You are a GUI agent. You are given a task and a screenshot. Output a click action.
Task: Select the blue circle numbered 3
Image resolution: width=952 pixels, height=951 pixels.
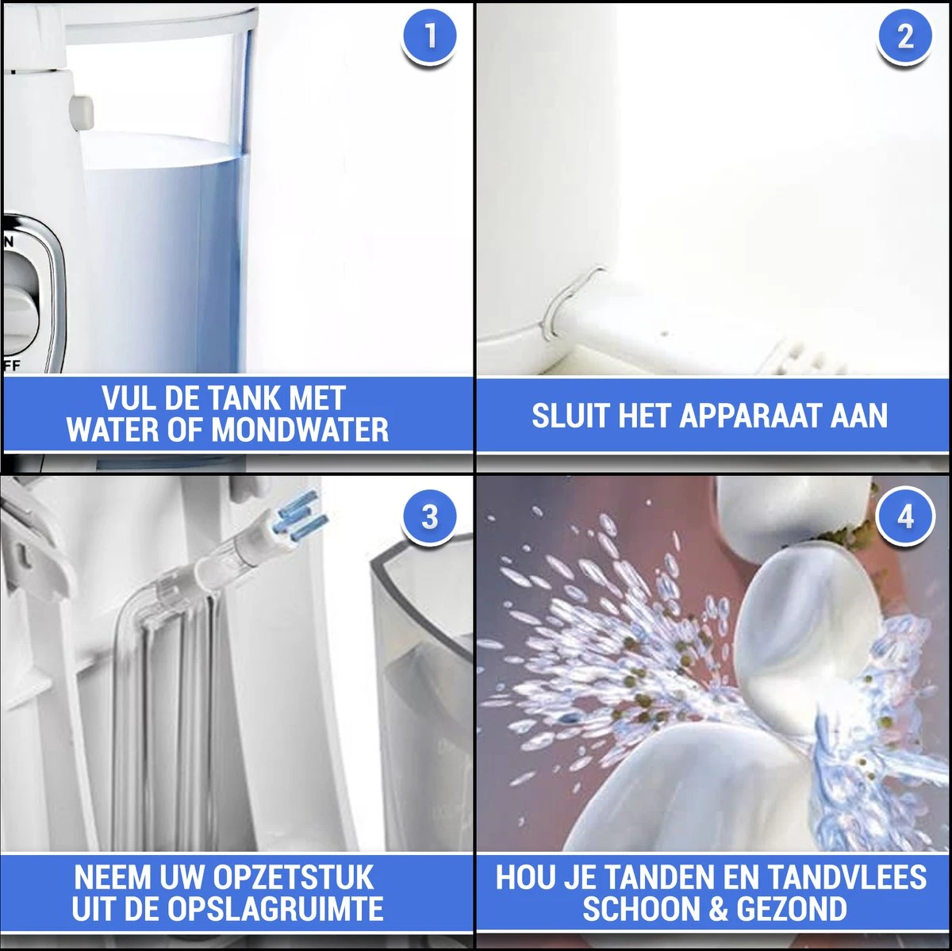coord(428,517)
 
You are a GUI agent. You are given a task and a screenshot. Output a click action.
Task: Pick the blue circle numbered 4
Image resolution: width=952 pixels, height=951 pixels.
coord(905,517)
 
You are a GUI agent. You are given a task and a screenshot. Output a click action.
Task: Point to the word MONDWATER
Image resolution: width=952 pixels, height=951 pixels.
coord(300,430)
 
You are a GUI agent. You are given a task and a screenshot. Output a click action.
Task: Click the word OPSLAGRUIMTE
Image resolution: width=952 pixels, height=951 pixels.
coord(275,908)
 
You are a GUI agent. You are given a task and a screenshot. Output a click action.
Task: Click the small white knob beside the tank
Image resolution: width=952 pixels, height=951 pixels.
coord(82,113)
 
